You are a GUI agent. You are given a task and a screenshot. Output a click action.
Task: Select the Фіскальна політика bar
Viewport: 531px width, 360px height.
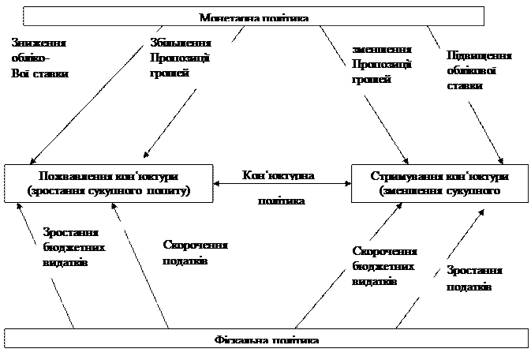[266, 339]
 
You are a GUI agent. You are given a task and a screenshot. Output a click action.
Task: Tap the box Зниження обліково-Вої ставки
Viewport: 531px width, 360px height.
[42, 69]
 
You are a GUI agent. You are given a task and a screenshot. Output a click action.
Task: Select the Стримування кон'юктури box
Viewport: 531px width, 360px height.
[439, 182]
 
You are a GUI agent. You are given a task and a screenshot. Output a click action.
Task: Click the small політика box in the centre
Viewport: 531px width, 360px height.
[282, 201]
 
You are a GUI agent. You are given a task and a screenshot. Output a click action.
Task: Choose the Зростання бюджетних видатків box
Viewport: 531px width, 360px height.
[80, 249]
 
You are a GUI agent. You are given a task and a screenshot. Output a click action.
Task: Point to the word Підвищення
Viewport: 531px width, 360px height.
[479, 56]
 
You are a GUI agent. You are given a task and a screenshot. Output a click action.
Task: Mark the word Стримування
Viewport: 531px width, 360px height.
[406, 176]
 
